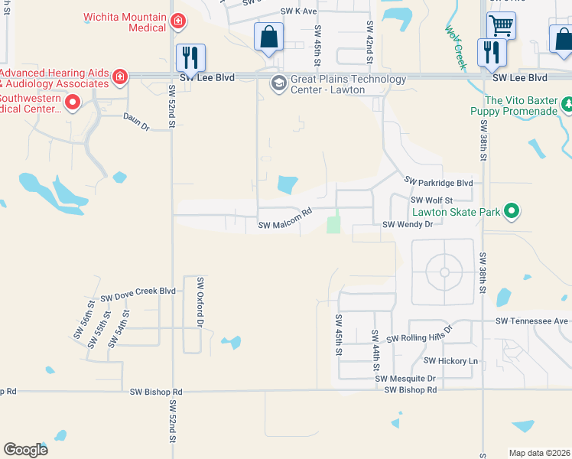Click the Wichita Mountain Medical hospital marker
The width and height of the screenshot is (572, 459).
[x=178, y=21]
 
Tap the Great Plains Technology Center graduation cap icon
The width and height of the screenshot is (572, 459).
[x=278, y=83]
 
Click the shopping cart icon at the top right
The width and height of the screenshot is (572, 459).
[x=501, y=25]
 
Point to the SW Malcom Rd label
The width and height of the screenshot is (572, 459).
[x=285, y=222]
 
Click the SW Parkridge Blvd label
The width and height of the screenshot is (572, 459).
[x=438, y=182]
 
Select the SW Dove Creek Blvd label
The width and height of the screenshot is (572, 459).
[x=138, y=294]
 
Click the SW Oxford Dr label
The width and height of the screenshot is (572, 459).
[x=200, y=303]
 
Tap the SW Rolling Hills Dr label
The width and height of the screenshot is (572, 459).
[x=420, y=335]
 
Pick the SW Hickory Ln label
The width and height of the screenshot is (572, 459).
[x=450, y=360]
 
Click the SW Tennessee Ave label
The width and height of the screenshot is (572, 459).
[x=531, y=321]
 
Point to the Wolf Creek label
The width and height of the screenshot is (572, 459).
[x=455, y=48]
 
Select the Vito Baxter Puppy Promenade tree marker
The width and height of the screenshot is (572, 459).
[x=567, y=103]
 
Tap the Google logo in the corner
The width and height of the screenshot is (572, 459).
[x=25, y=449]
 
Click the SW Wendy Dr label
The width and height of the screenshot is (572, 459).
[x=407, y=225]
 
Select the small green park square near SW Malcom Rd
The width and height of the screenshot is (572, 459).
[x=333, y=225]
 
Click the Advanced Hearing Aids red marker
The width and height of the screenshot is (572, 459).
[x=119, y=76]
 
